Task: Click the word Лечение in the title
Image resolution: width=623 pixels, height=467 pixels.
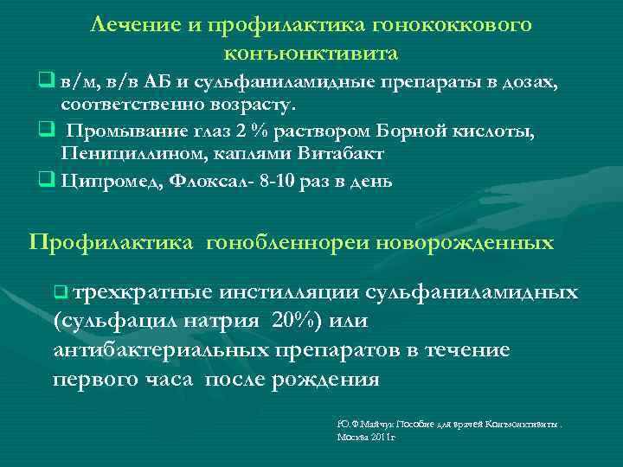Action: tap(134, 25)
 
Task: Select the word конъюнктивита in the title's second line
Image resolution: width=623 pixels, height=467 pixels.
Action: tap(311, 54)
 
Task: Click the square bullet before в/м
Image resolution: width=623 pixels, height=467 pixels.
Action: tap(44, 81)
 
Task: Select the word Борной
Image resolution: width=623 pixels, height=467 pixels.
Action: tap(411, 131)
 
